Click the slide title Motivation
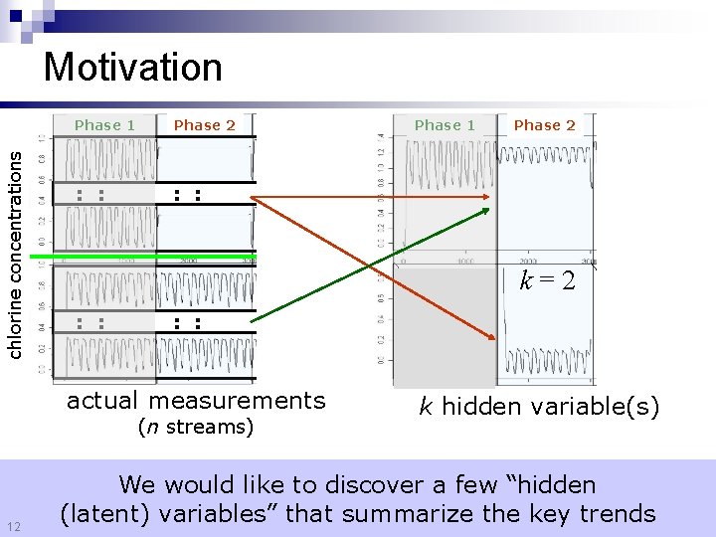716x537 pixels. coord(133,68)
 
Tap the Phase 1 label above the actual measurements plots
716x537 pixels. coord(104,125)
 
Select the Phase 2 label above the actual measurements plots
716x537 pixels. coord(204,125)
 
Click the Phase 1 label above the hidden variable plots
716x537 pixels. coord(445,125)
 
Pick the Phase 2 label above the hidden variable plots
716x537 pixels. coord(544,125)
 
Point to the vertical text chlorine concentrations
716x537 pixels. coord(15,248)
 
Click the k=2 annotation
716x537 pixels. coord(547,281)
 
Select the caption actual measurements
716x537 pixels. coord(196,401)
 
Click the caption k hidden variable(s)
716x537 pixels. coord(538,406)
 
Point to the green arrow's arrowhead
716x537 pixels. coord(487,210)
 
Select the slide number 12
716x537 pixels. coord(14,525)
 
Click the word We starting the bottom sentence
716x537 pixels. coord(137,485)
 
